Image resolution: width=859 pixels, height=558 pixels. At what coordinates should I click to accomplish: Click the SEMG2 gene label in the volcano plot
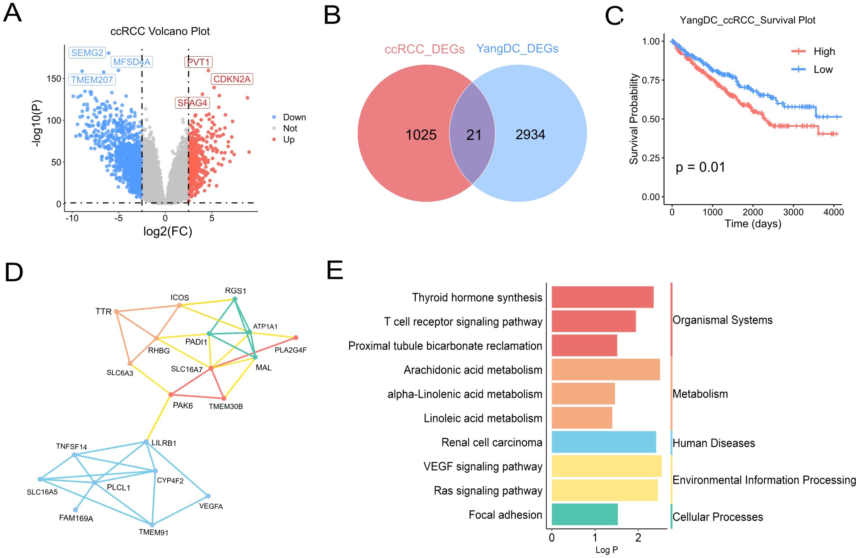click(87, 53)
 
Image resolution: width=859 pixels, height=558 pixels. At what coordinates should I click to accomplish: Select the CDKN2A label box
click(232, 79)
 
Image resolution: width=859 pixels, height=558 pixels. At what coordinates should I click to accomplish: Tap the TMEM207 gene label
click(92, 80)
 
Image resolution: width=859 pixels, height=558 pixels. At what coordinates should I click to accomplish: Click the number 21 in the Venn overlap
click(473, 135)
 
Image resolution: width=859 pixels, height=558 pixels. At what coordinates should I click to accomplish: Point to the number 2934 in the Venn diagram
click(530, 135)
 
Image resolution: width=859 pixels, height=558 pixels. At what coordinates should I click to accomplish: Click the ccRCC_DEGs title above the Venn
click(424, 49)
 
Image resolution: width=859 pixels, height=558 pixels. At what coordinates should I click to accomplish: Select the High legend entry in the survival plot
click(823, 52)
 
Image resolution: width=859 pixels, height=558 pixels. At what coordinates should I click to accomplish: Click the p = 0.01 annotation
click(700, 167)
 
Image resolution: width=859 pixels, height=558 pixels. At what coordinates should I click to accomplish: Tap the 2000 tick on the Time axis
click(753, 212)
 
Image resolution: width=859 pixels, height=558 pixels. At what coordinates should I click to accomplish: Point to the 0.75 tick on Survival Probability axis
click(651, 80)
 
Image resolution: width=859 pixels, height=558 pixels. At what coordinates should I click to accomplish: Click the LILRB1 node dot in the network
click(146, 442)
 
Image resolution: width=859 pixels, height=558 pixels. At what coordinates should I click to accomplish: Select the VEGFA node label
click(211, 506)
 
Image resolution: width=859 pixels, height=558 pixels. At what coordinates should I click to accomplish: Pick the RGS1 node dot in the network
click(235, 299)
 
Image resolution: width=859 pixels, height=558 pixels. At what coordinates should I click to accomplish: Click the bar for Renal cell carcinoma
click(604, 442)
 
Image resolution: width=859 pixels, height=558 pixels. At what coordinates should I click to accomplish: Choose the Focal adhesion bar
click(584, 514)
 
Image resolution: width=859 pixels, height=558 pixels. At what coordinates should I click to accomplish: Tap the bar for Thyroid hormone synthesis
click(602, 297)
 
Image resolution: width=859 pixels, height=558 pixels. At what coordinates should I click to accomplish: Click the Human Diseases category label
click(714, 443)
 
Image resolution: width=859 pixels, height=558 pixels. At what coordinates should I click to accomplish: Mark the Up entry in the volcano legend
click(289, 140)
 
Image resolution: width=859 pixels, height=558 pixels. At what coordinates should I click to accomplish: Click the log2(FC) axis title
click(168, 231)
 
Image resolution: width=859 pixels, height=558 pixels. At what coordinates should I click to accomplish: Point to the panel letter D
click(14, 273)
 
